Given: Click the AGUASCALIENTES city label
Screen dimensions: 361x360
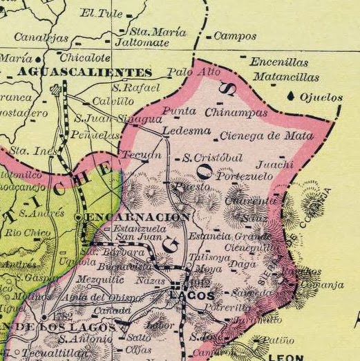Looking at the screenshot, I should click(85, 72).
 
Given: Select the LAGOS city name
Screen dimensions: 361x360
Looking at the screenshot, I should click(191, 295).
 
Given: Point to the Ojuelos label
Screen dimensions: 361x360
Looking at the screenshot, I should click(321, 98).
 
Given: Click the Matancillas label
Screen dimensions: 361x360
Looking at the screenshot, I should click(286, 77).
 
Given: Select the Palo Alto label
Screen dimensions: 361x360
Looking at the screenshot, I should click(194, 72).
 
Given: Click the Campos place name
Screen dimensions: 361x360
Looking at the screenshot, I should click(230, 36).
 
